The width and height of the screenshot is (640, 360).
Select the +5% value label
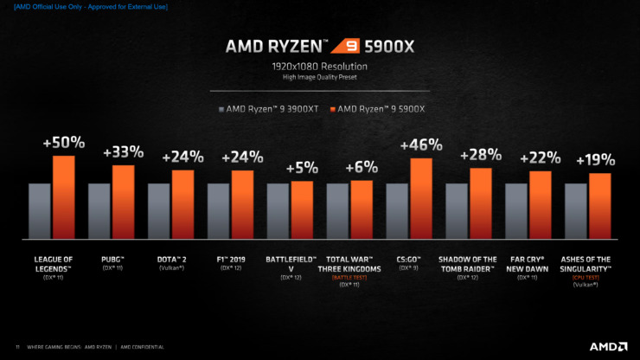[302, 167]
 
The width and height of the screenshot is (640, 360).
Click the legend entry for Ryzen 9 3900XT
[270, 109]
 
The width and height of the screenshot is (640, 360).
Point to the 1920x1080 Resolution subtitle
[320, 66]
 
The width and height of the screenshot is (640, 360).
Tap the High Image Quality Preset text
[320, 78]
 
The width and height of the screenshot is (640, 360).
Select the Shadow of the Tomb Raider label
[468, 263]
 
